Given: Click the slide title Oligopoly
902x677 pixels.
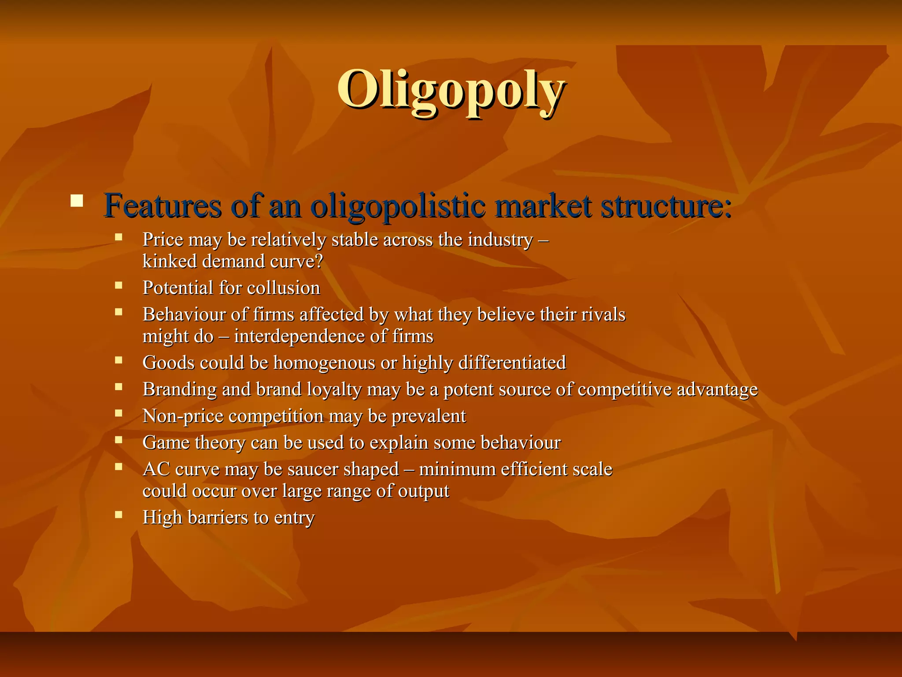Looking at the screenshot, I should click(x=451, y=90).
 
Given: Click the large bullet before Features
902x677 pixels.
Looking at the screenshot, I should click(x=77, y=201).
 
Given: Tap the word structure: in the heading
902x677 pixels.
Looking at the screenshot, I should click(x=666, y=206).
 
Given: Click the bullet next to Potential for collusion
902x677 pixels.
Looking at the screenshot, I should click(x=118, y=285).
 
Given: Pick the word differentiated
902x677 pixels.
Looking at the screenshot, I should click(x=512, y=363).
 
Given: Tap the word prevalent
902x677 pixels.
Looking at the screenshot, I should click(x=429, y=416).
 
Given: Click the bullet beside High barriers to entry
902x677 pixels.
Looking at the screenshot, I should click(x=118, y=514).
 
